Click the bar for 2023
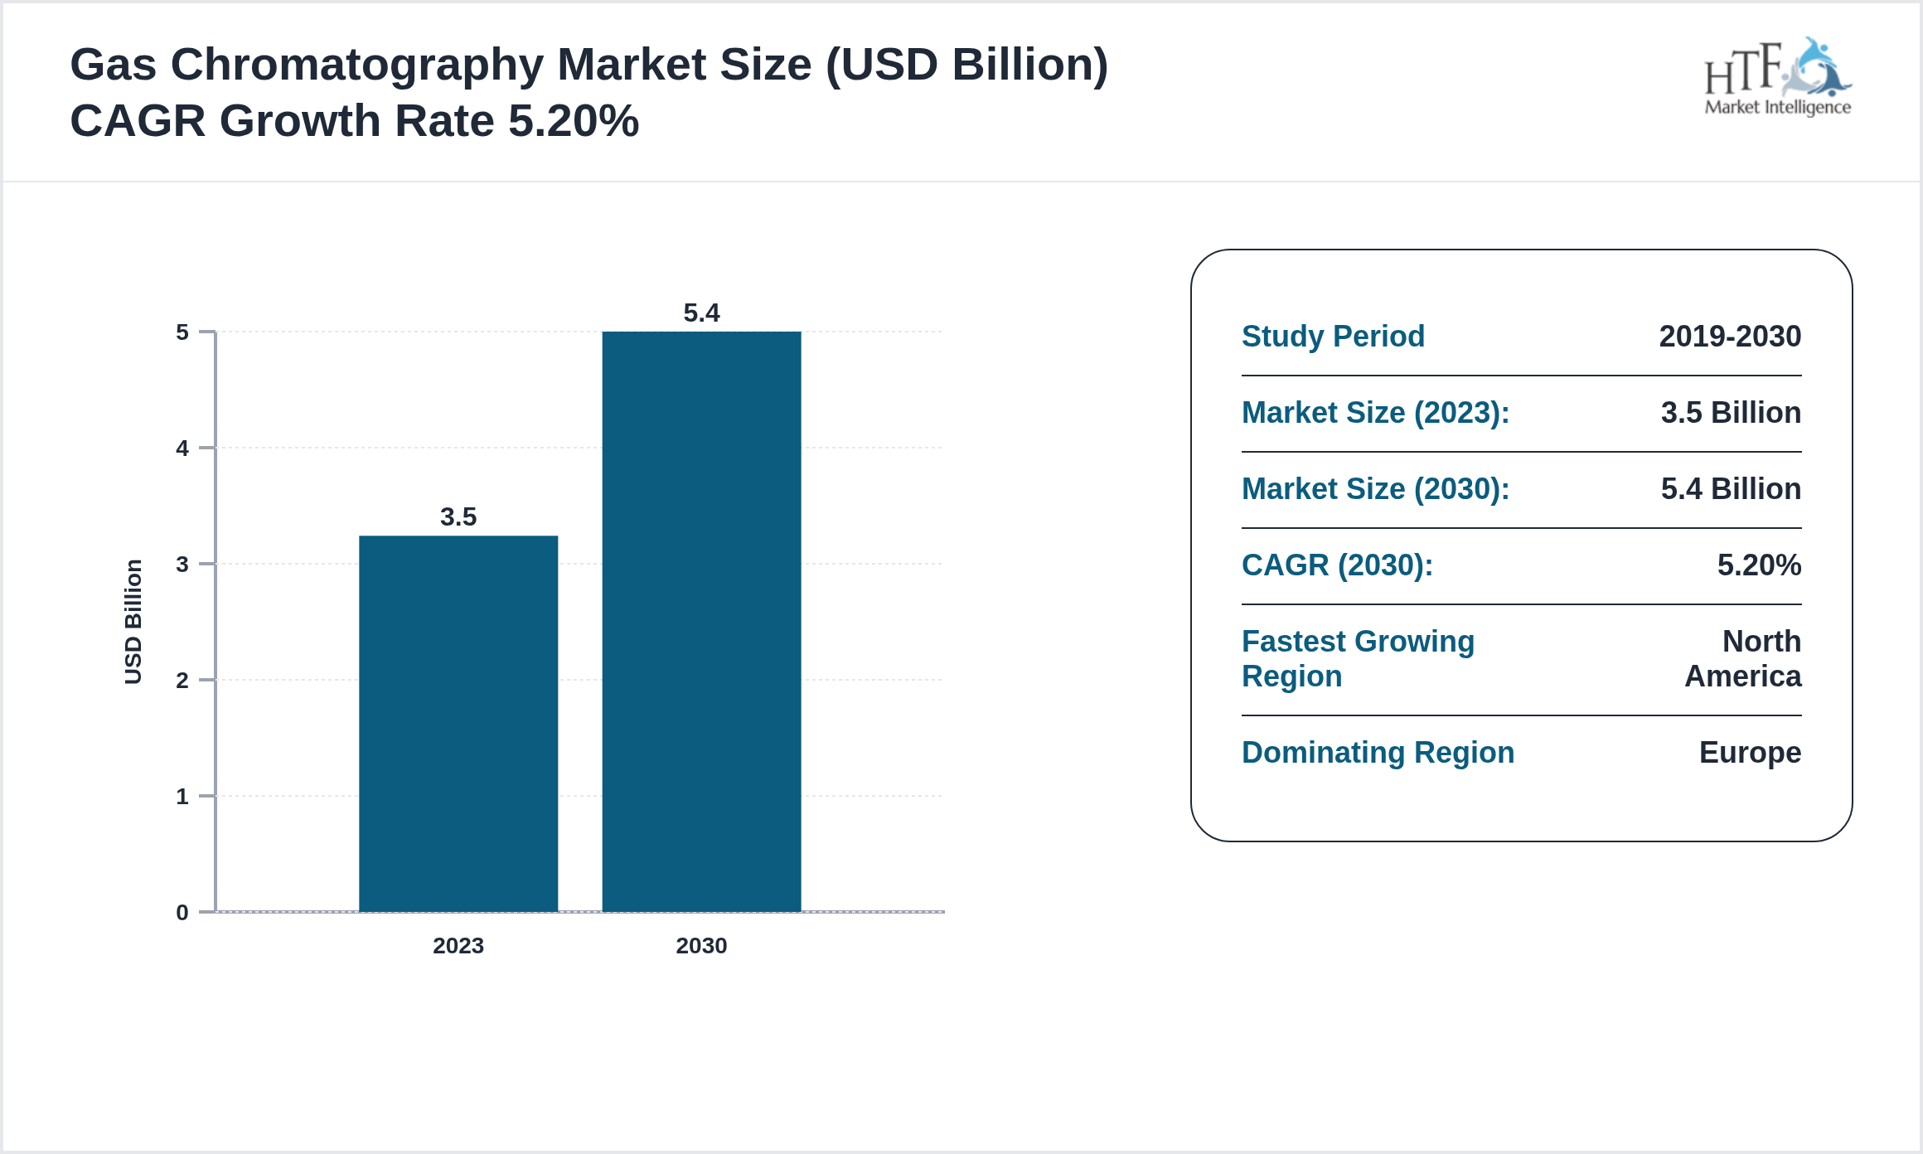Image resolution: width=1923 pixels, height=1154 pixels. click(x=458, y=723)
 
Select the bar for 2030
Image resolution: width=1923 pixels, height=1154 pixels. click(x=701, y=622)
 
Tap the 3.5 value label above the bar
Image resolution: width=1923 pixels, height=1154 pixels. click(x=458, y=516)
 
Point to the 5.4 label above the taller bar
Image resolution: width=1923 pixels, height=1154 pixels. click(x=701, y=313)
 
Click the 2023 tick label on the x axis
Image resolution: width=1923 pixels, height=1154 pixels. click(x=458, y=945)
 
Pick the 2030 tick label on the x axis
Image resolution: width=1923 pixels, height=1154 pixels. click(x=701, y=945)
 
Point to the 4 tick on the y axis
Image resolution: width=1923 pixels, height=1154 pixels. click(x=182, y=449)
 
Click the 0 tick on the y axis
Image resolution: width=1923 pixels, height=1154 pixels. click(x=182, y=913)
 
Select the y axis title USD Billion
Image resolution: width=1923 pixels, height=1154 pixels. click(x=133, y=622)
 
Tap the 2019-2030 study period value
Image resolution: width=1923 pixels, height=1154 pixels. click(x=1730, y=337)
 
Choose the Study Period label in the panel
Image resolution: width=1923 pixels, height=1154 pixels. click(x=1333, y=337)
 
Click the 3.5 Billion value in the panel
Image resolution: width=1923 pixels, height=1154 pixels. click(x=1731, y=413)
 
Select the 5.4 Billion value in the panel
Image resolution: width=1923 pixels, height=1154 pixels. click(x=1731, y=489)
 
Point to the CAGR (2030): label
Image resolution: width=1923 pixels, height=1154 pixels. click(x=1337, y=565)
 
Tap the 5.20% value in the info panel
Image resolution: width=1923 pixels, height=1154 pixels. click(x=1759, y=565)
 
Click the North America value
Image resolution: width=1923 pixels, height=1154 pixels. click(x=1743, y=659)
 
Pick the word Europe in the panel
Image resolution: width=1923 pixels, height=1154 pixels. click(x=1750, y=753)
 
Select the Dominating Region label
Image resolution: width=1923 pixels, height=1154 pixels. click(x=1378, y=753)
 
